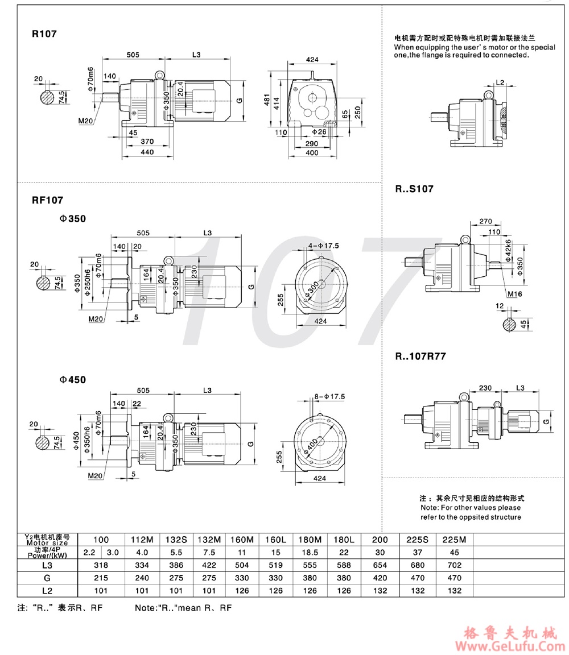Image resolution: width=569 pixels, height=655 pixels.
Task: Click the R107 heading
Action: click(x=44, y=34)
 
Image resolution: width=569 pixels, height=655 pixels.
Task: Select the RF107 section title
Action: click(x=47, y=200)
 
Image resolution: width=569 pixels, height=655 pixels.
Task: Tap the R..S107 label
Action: click(x=414, y=189)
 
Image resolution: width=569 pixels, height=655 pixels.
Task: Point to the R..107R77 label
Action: click(x=421, y=357)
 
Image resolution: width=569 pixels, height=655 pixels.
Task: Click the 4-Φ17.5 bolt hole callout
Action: click(x=323, y=246)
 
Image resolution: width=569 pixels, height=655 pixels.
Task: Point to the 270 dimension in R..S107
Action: click(x=485, y=221)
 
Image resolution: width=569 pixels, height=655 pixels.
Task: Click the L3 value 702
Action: click(x=453, y=565)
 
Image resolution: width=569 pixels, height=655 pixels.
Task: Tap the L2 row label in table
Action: click(x=47, y=591)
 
